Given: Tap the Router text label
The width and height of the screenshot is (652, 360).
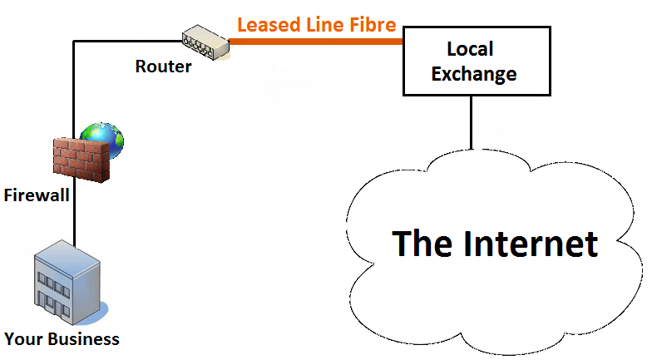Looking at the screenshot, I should pos(163,67).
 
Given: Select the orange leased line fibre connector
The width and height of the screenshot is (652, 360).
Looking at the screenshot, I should pos(316,40).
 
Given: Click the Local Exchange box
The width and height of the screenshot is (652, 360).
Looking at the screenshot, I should pos(476,61).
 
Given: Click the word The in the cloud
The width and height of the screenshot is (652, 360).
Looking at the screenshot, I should pos(422,244).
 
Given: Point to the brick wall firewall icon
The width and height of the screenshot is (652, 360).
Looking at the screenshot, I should pos(81,160).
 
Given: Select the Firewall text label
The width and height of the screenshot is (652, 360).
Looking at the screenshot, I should pos(35,196).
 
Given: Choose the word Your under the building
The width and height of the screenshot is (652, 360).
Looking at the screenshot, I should pos(22,339).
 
